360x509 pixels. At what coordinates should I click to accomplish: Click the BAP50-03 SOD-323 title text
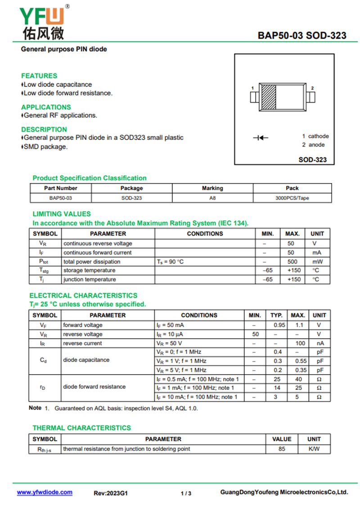coord(302,35)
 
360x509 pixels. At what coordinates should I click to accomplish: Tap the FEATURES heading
coord(39,76)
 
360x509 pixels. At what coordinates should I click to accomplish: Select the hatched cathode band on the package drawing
coord(269,97)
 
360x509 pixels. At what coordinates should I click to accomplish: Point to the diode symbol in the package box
coord(261,138)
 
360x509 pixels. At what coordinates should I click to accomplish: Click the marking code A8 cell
coord(212,198)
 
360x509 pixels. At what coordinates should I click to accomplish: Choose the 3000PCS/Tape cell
coord(292,198)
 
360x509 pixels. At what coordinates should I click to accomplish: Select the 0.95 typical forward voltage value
coord(279,325)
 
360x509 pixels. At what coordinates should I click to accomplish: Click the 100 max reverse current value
coord(300,343)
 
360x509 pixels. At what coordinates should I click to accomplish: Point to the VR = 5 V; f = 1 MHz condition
coord(181,370)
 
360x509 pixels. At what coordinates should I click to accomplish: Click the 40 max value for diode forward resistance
coord(298,379)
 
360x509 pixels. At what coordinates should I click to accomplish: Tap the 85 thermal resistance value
coord(282,449)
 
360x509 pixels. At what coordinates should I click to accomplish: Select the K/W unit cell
coord(314,449)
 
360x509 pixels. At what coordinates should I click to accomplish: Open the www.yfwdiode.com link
coord(45,492)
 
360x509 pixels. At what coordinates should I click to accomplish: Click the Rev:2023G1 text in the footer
coord(111,493)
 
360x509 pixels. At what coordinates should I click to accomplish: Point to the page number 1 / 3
coord(186,493)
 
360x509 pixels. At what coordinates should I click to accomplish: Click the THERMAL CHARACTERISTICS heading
coord(82,428)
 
